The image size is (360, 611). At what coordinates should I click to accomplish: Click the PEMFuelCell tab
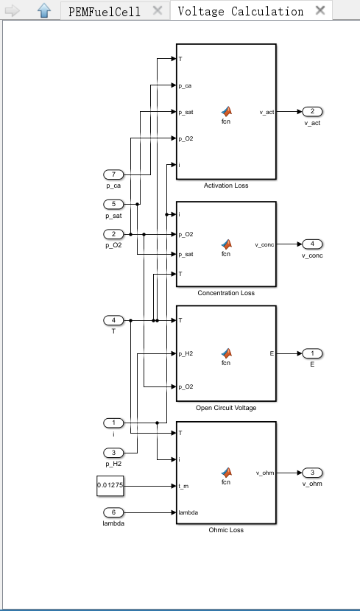click(x=105, y=11)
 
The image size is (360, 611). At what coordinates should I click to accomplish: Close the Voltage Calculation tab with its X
click(x=320, y=10)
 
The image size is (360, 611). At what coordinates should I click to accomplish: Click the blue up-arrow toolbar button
click(x=44, y=10)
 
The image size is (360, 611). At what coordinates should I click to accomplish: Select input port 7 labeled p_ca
click(x=113, y=174)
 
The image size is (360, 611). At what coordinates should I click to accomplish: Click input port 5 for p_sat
click(x=113, y=204)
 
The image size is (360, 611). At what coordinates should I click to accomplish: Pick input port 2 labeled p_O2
click(x=113, y=234)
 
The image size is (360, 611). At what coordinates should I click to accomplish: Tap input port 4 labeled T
click(x=113, y=320)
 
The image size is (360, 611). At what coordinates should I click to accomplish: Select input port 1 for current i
click(x=113, y=423)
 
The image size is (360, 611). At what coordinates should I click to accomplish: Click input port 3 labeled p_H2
click(x=113, y=453)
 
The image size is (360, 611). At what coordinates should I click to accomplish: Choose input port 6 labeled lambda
click(x=113, y=512)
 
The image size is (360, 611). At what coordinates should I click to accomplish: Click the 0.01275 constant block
click(x=110, y=486)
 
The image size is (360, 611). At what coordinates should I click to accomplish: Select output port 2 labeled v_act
click(x=312, y=112)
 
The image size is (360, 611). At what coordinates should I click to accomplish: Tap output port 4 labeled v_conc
click(x=312, y=244)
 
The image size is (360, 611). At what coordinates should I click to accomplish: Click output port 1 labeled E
click(x=312, y=353)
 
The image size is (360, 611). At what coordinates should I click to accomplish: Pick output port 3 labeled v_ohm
click(x=312, y=473)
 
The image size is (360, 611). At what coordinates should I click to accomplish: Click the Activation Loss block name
click(x=226, y=186)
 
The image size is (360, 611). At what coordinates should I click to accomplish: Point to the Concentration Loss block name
click(x=226, y=293)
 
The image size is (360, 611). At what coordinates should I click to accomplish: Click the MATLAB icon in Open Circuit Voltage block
click(x=226, y=353)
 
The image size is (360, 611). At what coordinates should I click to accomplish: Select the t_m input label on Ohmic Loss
click(x=183, y=486)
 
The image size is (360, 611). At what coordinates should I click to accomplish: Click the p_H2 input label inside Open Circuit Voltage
click(x=186, y=354)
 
